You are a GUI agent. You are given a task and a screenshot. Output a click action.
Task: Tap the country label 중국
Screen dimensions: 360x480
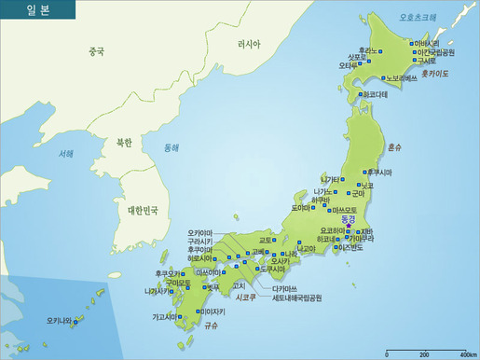point(96,52)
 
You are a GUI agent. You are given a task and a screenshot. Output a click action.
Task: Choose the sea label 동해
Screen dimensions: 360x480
point(171,148)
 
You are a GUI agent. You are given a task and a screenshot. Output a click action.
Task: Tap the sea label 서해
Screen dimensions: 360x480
point(65,154)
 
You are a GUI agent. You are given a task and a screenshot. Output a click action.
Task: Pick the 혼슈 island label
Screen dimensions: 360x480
point(394,147)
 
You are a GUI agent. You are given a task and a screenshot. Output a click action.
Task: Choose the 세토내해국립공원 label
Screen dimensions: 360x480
point(296,298)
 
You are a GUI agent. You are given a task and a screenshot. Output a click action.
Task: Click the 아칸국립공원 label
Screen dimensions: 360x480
point(435,52)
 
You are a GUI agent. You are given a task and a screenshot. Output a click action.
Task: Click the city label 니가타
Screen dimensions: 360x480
point(331,179)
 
